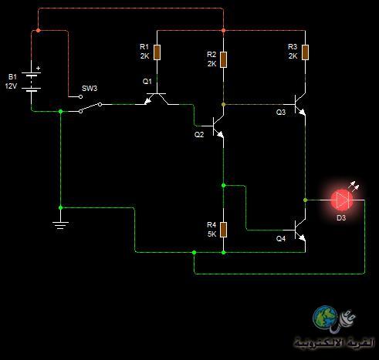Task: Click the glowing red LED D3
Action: click(x=342, y=200)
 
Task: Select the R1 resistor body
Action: click(x=157, y=52)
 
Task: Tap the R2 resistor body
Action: click(x=223, y=60)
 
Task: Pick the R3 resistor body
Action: click(x=305, y=52)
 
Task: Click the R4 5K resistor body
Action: click(x=223, y=230)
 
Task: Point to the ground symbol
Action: click(x=60, y=225)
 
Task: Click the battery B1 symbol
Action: click(x=31, y=82)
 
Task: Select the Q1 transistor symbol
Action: click(x=157, y=99)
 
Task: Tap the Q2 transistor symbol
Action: click(x=218, y=126)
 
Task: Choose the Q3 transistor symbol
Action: click(x=300, y=104)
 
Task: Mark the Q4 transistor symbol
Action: click(x=300, y=230)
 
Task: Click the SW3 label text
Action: click(x=90, y=89)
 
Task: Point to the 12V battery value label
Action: click(x=11, y=86)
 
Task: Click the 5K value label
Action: click(x=211, y=234)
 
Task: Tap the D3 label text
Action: click(x=341, y=218)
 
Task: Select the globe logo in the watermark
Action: click(x=325, y=317)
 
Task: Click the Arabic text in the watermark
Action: click(x=334, y=342)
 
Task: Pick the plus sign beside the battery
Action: click(x=39, y=69)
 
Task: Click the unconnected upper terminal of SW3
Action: click(x=80, y=97)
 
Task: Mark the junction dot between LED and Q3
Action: click(x=305, y=200)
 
